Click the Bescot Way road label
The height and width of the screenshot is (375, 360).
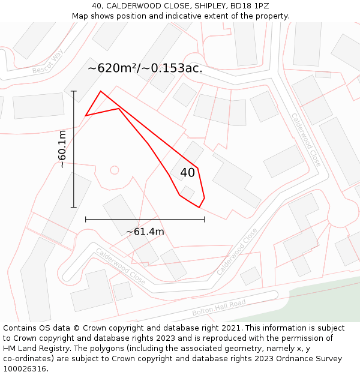(x=48, y=62)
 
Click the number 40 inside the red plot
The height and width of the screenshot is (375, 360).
(x=187, y=173)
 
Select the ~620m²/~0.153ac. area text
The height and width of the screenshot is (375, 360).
(x=145, y=68)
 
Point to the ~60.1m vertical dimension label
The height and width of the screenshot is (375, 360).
(x=62, y=149)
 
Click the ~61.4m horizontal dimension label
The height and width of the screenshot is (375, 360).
(x=145, y=232)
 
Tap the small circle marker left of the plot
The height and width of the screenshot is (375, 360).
(x=115, y=170)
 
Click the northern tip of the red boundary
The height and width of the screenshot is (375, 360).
(x=100, y=91)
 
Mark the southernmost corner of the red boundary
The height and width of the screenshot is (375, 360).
(x=199, y=208)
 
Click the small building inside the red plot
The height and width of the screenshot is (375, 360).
(x=188, y=193)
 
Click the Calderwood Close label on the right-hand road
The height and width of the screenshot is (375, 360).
(x=306, y=140)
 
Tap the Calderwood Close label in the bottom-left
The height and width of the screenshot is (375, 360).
(x=120, y=267)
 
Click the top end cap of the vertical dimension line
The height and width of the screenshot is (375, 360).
(x=74, y=91)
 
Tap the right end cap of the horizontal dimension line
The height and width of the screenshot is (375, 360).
(x=205, y=219)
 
